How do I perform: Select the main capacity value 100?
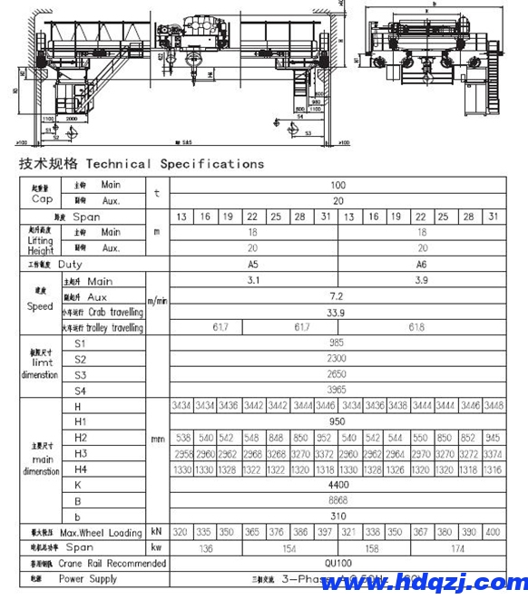[x=338, y=185]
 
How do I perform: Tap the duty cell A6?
[x=422, y=264]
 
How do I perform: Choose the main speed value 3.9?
[x=422, y=281]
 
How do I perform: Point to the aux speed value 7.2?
[x=337, y=296]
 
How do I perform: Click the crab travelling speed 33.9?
[x=337, y=312]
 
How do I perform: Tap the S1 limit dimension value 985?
[x=337, y=343]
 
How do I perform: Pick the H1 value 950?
[x=337, y=421]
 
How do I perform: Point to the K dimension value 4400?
[x=337, y=485]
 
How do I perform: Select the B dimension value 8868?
[x=337, y=500]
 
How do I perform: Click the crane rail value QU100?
[x=337, y=563]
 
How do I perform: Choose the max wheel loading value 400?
[x=493, y=532]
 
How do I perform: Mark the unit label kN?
[x=157, y=532]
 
